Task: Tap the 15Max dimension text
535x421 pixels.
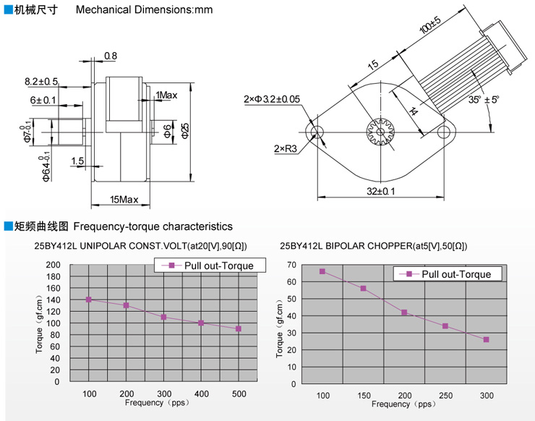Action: (124, 199)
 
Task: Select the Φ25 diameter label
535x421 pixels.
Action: (185, 131)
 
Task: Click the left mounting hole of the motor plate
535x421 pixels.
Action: (316, 132)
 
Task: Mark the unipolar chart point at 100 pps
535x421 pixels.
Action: (89, 299)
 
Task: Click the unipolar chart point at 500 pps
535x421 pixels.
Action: (238, 328)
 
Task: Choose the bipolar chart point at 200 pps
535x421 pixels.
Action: (404, 312)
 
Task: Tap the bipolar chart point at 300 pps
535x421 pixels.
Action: (486, 339)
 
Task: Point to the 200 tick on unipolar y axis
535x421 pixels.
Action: (54, 265)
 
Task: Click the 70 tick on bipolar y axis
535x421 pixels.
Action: (292, 265)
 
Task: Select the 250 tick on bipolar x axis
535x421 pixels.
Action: (445, 395)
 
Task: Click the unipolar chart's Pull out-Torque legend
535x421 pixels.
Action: (210, 265)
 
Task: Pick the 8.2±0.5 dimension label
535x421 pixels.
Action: (41, 81)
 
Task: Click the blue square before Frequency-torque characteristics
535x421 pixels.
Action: (8, 226)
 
